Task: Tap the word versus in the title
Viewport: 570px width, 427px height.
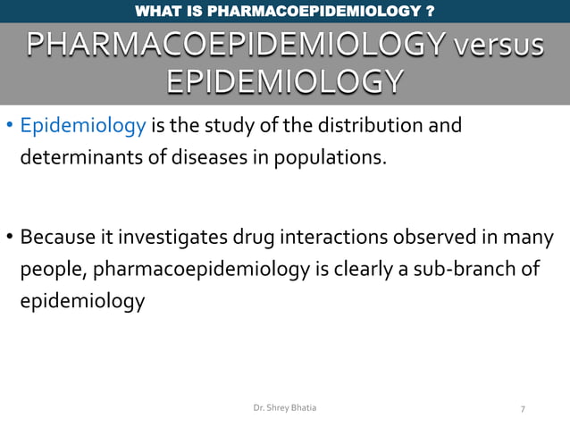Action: [498, 44]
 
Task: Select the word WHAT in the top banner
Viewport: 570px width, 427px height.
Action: [155, 12]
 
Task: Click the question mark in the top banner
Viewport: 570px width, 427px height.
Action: [432, 12]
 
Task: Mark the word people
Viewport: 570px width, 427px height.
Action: [51, 270]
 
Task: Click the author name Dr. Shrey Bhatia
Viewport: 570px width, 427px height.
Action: [284, 407]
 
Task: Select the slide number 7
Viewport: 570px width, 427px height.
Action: [523, 409]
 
